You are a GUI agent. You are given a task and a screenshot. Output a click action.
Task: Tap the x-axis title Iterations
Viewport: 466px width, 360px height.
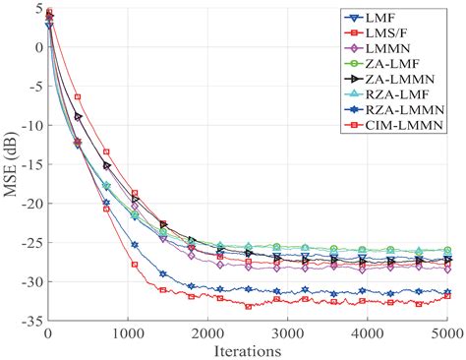(x=248, y=349)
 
